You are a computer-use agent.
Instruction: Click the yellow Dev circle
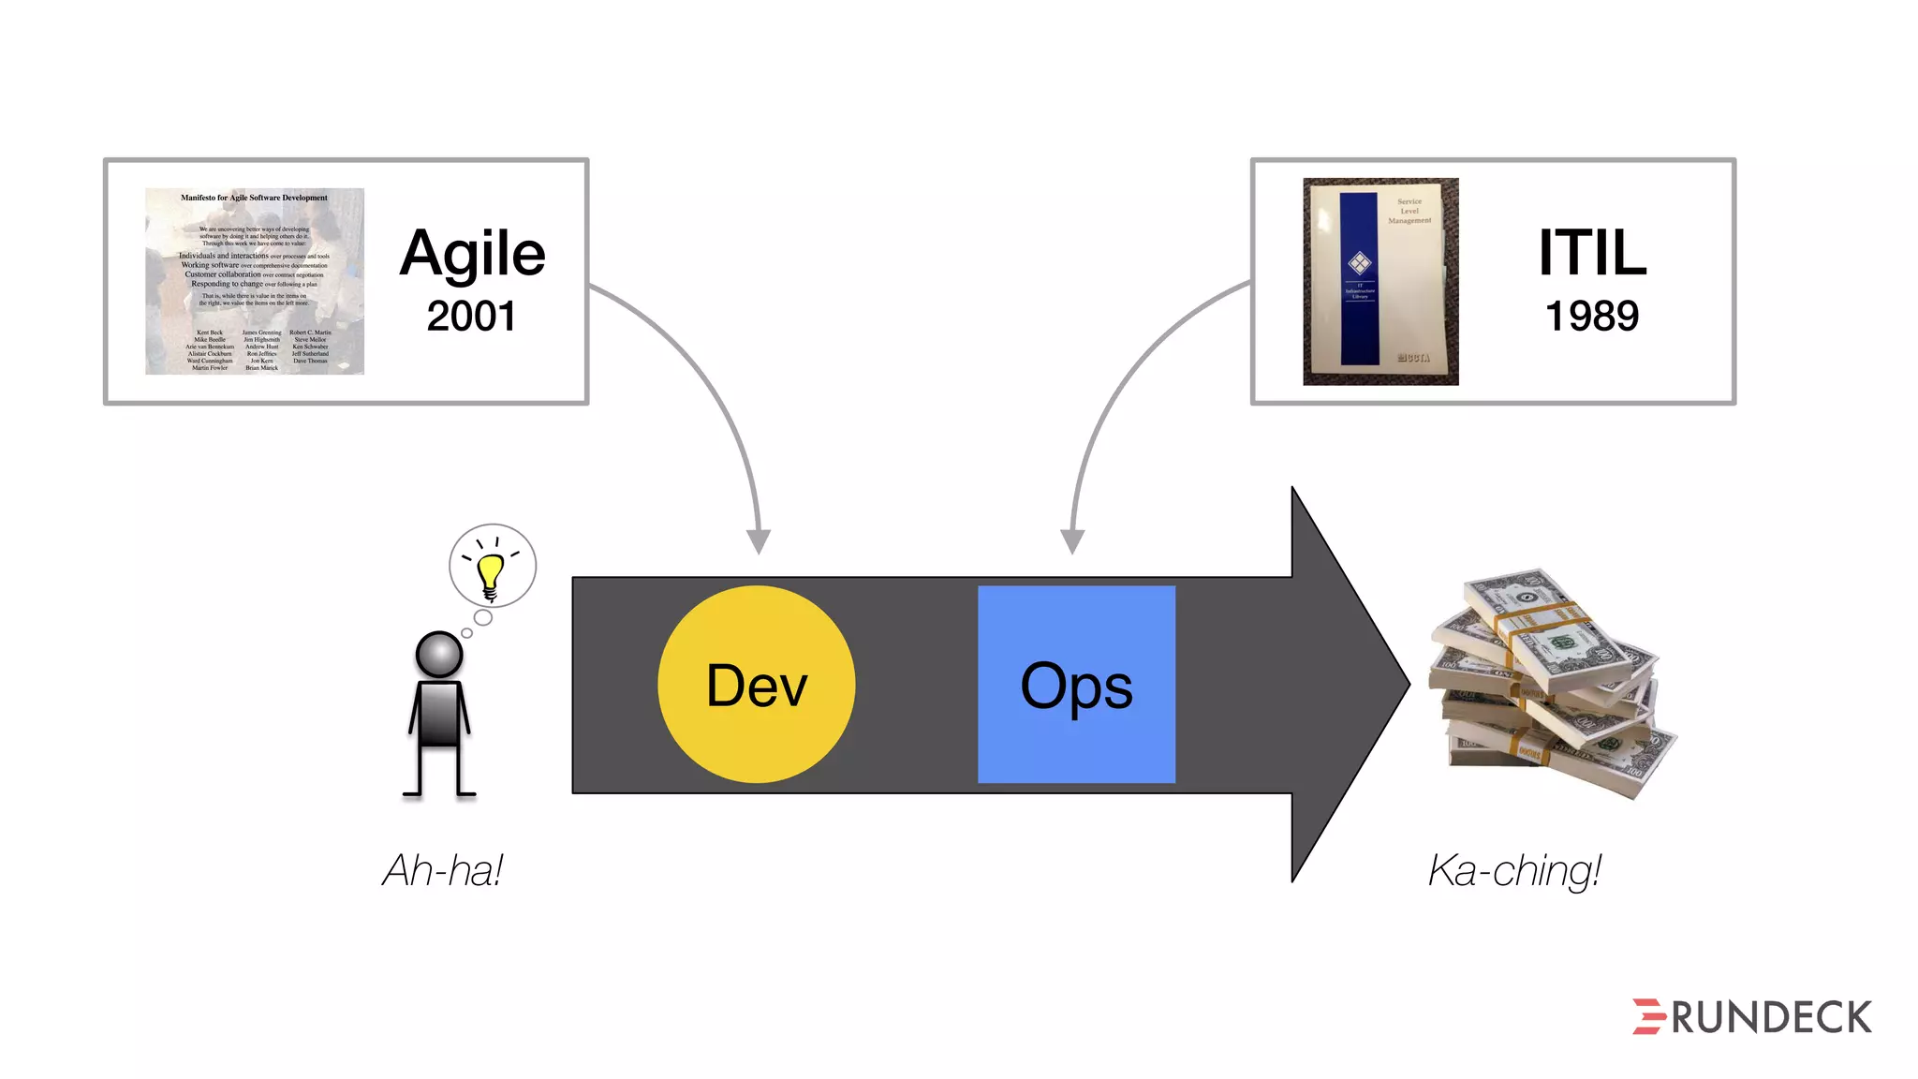pyautogui.click(x=756, y=685)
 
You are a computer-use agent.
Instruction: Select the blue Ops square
pyautogui.click(x=1076, y=685)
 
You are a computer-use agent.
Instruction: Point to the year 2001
pyautogui.click(x=471, y=316)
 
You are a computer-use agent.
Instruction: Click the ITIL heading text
pyautogui.click(x=1592, y=253)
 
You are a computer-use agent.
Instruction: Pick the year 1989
pyautogui.click(x=1592, y=316)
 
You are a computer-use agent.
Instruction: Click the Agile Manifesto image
pyautogui.click(x=255, y=281)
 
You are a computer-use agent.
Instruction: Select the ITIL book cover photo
pyautogui.click(x=1380, y=281)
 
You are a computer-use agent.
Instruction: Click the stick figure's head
pyautogui.click(x=438, y=654)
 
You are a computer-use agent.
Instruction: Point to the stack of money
pyautogui.click(x=1550, y=684)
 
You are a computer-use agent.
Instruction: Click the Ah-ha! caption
pyautogui.click(x=443, y=870)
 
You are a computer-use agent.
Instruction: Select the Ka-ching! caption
pyautogui.click(x=1514, y=870)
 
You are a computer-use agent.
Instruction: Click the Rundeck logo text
pyautogui.click(x=1771, y=1018)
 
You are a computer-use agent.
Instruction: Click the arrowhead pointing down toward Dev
pyautogui.click(x=759, y=540)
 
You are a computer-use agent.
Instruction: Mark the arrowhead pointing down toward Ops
pyautogui.click(x=1072, y=540)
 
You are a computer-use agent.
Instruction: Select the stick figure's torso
pyautogui.click(x=438, y=714)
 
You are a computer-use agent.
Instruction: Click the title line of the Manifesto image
pyautogui.click(x=254, y=198)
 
